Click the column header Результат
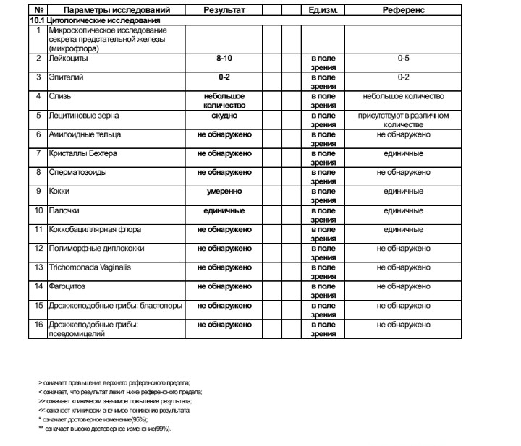point(224,11)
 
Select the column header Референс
point(403,11)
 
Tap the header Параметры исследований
point(117,11)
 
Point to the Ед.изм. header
point(322,11)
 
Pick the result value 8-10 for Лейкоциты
point(224,58)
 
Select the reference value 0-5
point(403,58)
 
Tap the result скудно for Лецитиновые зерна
point(224,115)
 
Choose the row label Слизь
point(59,96)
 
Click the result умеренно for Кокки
point(224,192)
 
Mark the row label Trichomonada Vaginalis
point(90,267)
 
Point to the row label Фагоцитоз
point(67,286)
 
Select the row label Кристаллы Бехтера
point(82,153)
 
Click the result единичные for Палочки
point(224,210)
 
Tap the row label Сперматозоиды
point(80,172)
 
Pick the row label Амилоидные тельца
point(85,134)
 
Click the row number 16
point(39,325)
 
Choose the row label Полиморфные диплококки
point(96,249)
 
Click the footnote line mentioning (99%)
point(104,429)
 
